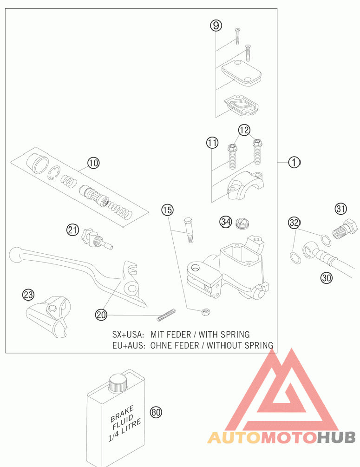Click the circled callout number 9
216,25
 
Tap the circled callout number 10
93,163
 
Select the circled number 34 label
226,222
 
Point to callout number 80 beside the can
156,413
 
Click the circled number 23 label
28,295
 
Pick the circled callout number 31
341,209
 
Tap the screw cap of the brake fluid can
118,383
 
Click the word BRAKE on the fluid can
122,414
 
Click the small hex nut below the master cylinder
205,312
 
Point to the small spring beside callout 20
166,315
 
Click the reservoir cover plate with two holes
242,73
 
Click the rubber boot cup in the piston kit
37,164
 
